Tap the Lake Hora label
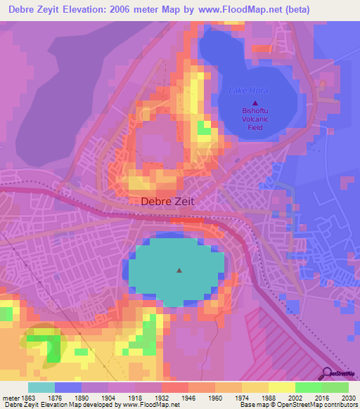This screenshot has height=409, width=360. click(x=243, y=91)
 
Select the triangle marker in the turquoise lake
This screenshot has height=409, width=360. click(x=179, y=269)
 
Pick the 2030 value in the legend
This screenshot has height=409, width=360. click(x=349, y=397)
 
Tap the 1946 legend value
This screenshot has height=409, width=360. click(x=188, y=397)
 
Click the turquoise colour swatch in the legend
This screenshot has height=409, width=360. click(x=41, y=387)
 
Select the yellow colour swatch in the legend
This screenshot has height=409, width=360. click(x=281, y=387)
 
